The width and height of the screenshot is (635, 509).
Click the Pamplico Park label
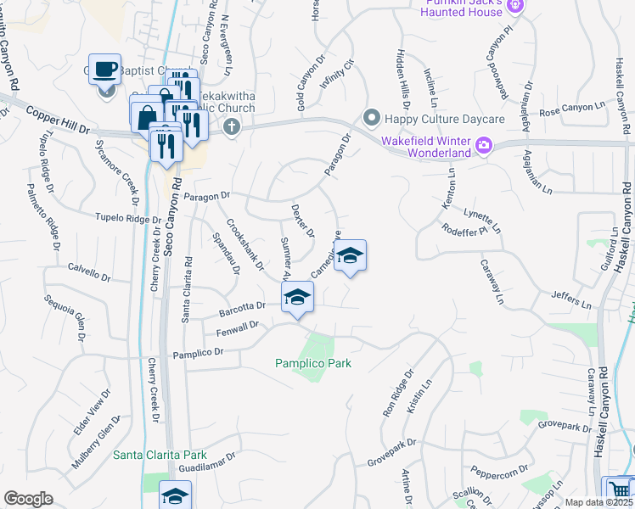312,363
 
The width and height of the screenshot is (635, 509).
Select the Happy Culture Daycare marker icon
370,117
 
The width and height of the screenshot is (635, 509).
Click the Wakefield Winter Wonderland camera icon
483,145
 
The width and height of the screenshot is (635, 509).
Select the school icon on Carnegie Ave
349,255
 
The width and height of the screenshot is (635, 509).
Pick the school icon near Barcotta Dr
297,297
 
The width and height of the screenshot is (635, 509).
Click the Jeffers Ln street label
570,299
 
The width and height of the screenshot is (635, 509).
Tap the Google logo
28,499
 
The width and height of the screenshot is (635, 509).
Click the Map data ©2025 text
598,502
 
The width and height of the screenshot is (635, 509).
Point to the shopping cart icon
618,490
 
